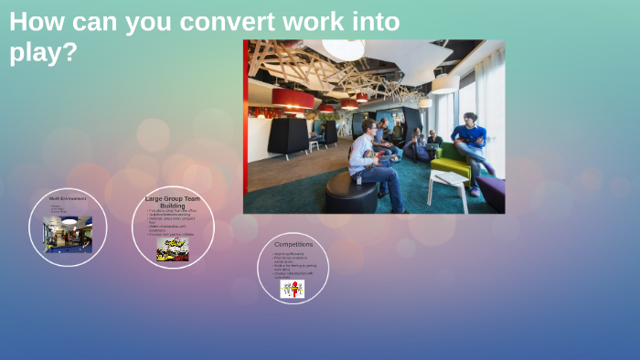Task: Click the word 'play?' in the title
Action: tap(43, 53)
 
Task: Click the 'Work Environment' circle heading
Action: tap(68, 198)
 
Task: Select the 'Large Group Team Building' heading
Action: tap(172, 202)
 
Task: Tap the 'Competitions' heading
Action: tap(293, 244)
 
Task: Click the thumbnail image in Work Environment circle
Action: tap(68, 234)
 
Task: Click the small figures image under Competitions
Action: tap(293, 289)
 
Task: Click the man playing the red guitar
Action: tap(369, 160)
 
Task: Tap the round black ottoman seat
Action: tap(350, 193)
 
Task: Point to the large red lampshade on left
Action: tap(293, 97)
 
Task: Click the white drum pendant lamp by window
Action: tap(445, 84)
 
